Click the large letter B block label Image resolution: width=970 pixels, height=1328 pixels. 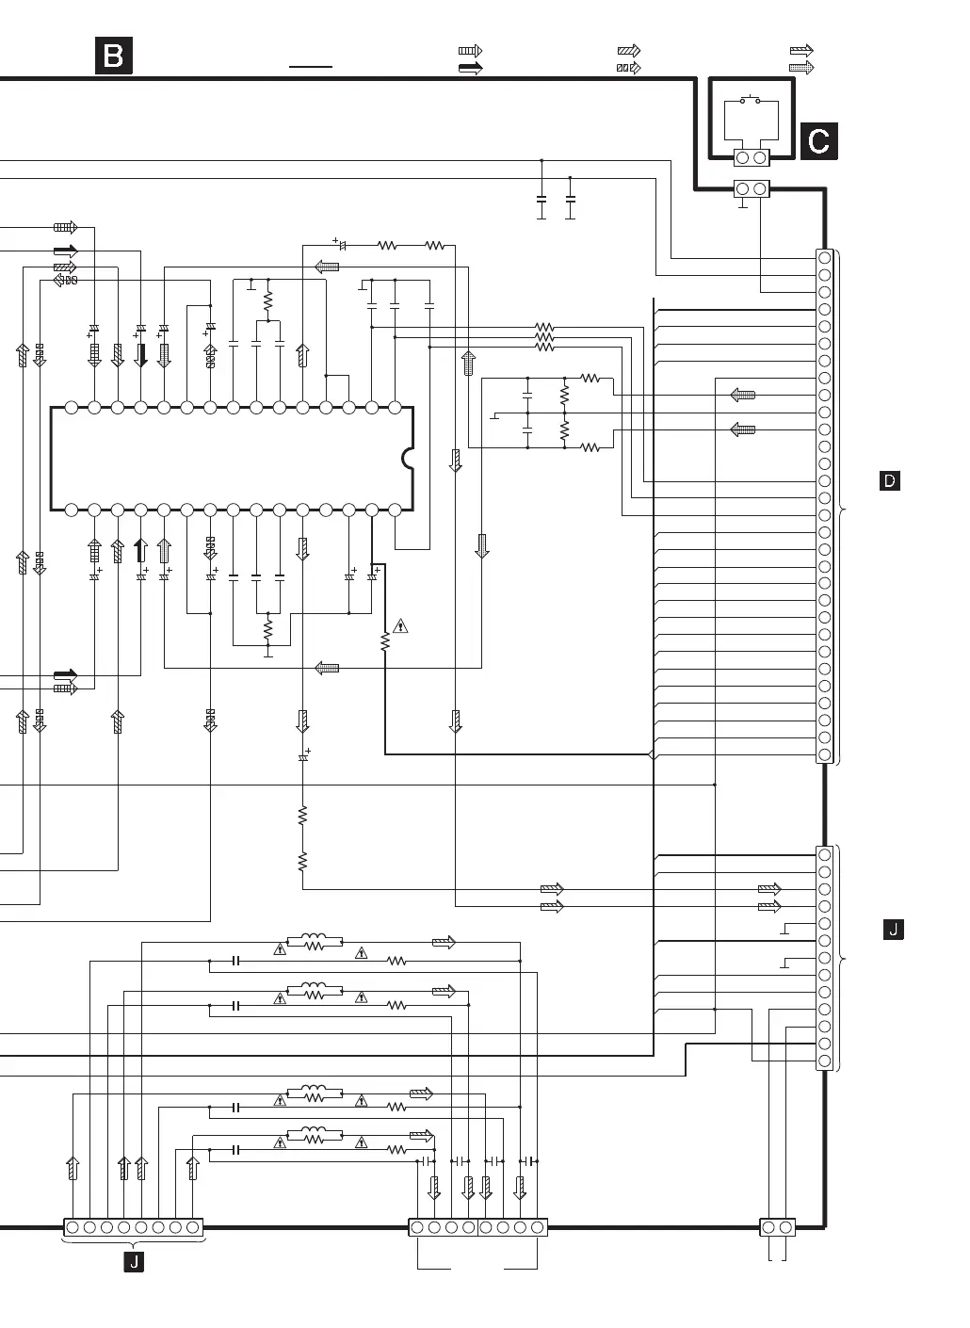click(113, 56)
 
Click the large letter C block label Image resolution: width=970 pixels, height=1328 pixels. click(818, 141)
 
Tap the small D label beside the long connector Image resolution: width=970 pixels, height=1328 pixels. click(889, 480)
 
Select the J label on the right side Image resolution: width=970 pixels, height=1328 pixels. click(893, 929)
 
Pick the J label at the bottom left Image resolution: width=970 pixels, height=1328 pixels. click(134, 1262)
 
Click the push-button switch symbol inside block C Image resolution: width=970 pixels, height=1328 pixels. click(751, 100)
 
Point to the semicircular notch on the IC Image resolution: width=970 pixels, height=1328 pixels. click(408, 459)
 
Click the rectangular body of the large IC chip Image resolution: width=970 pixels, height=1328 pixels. click(232, 459)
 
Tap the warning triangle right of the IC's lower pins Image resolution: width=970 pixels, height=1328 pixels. click(400, 626)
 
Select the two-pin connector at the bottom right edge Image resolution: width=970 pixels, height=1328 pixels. click(777, 1227)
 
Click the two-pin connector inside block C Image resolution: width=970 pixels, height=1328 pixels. click(752, 157)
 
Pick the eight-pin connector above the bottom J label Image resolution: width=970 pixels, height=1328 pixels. click(133, 1227)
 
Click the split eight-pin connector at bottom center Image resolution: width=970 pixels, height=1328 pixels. click(477, 1227)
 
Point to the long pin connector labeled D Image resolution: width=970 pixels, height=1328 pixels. click(824, 507)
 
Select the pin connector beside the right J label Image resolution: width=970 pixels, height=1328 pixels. click(824, 958)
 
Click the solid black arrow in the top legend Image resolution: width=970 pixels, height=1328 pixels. click(471, 68)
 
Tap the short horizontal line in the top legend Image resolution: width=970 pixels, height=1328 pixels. click(311, 67)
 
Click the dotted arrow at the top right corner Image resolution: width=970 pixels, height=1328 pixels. click(801, 68)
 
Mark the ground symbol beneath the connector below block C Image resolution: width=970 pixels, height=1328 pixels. click(742, 203)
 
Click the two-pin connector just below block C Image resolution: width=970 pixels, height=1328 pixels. click(752, 189)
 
